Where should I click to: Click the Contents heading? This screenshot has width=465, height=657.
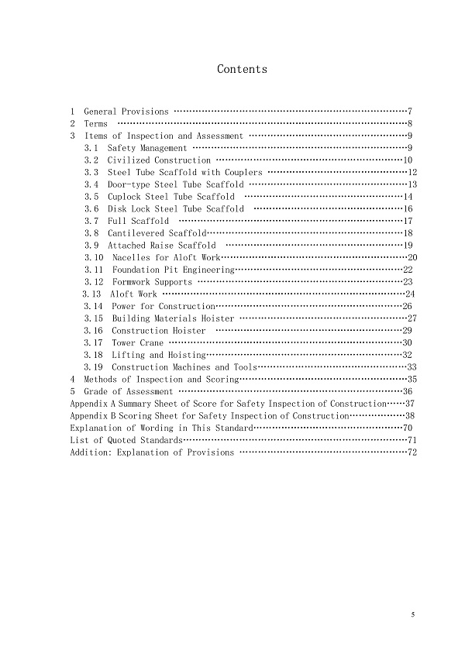point(242,70)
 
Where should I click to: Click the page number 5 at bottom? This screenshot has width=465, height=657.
point(413,614)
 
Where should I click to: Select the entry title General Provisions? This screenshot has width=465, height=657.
point(126,112)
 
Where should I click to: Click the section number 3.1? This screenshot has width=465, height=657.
point(91,148)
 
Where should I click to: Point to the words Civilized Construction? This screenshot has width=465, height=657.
point(148,160)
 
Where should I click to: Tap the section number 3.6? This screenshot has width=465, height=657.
point(91,208)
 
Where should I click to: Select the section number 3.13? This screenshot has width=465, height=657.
point(91,294)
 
